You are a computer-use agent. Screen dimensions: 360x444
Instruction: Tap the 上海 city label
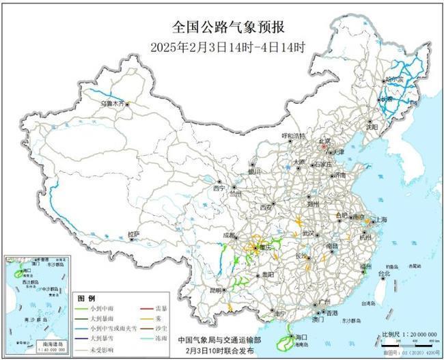[380, 220]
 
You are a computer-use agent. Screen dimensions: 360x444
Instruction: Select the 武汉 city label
[311, 233]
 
